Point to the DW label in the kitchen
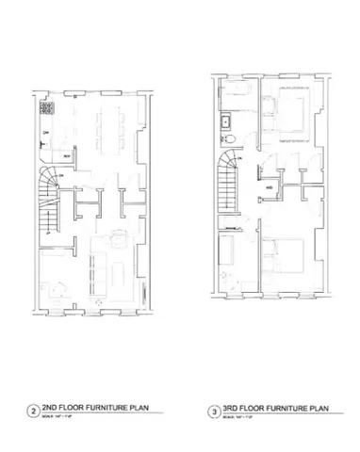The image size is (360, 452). pos(45,134)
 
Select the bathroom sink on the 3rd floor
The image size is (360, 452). pos(226,121)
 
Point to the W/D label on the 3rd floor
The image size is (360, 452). pos(270,187)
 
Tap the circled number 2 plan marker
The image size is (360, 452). pos(34,411)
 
